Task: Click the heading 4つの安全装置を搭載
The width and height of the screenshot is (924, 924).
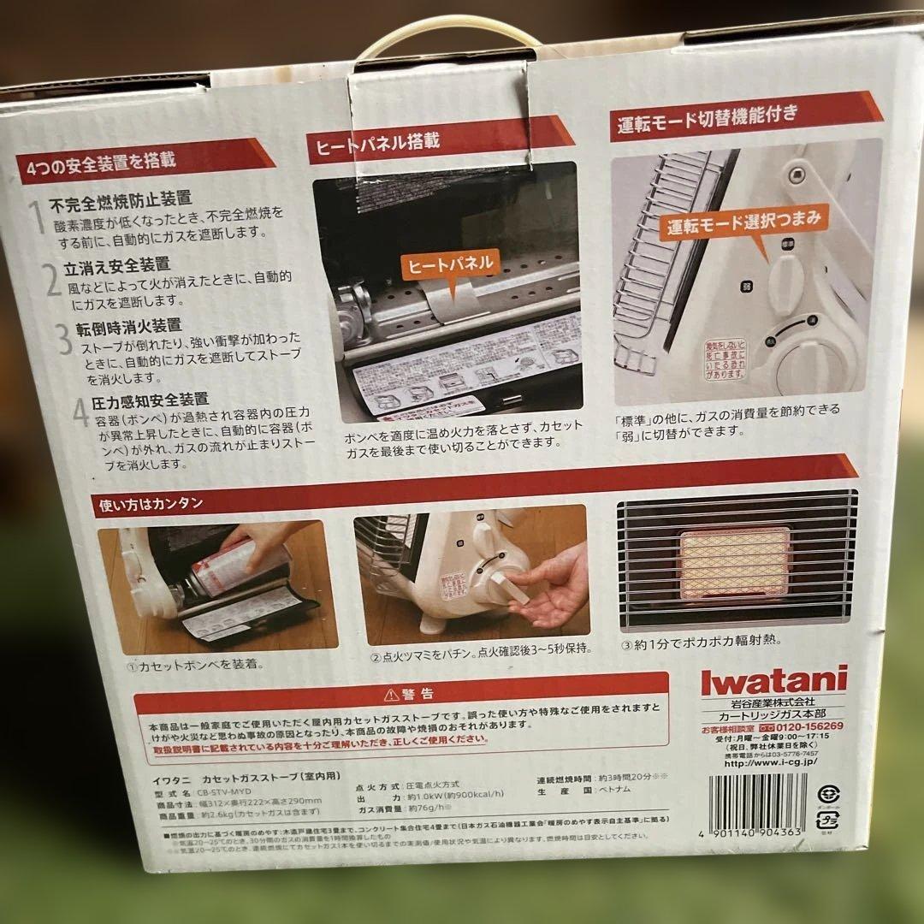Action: pyautogui.click(x=101, y=163)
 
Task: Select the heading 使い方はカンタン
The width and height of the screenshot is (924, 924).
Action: pyautogui.click(x=151, y=504)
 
